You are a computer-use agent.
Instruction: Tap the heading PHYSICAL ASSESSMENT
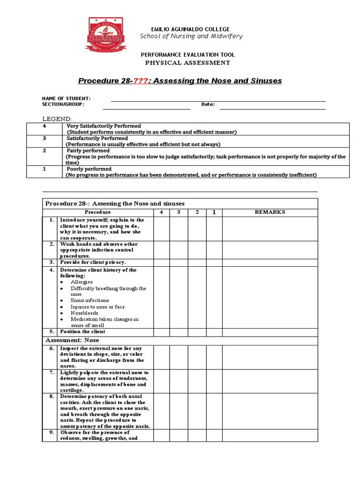coord(187,63)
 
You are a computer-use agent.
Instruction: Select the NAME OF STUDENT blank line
coord(218,100)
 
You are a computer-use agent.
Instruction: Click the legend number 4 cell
coord(44,126)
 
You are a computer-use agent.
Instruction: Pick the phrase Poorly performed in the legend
coord(89,169)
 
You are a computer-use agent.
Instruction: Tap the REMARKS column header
coord(270,212)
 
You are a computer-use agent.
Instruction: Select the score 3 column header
coord(179,212)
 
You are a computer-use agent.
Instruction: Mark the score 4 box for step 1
coord(161,228)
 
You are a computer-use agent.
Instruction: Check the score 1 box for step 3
coord(213,262)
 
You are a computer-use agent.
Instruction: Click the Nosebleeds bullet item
coord(85,313)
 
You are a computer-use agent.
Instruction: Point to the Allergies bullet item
coord(82,282)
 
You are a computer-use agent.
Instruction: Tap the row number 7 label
coord(51,373)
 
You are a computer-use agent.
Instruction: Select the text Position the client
coord(82,332)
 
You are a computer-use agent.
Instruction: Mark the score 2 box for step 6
coord(197,357)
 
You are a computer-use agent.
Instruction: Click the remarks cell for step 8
coord(270,412)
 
